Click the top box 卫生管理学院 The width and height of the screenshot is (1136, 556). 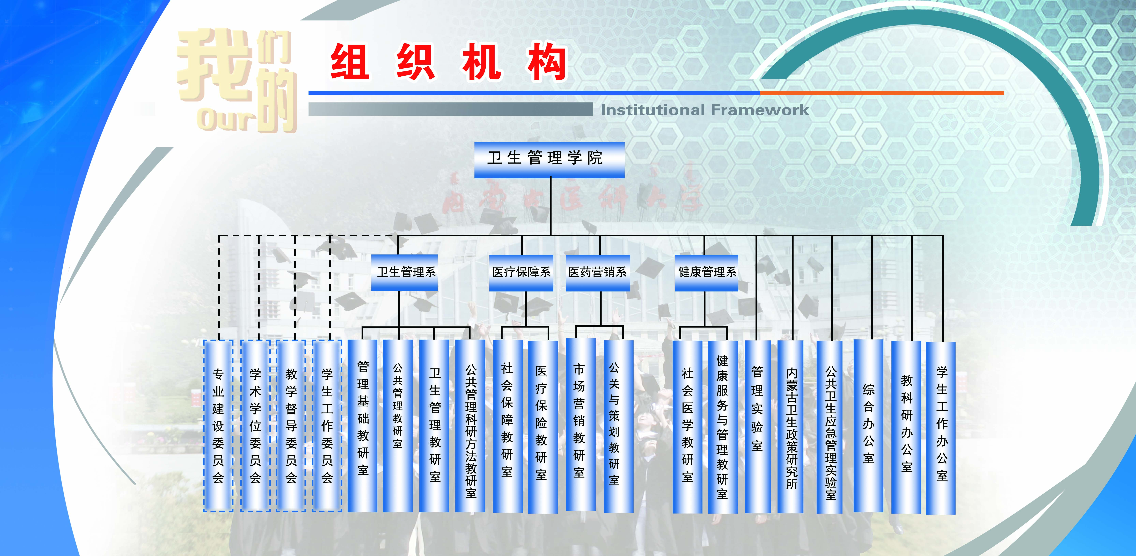[x=549, y=160]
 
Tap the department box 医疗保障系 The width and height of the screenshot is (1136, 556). [x=521, y=273]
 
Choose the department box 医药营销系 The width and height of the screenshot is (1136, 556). [x=598, y=273]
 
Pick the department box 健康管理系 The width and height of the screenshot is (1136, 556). [x=706, y=273]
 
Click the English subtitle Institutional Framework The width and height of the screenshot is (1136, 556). [x=705, y=110]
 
